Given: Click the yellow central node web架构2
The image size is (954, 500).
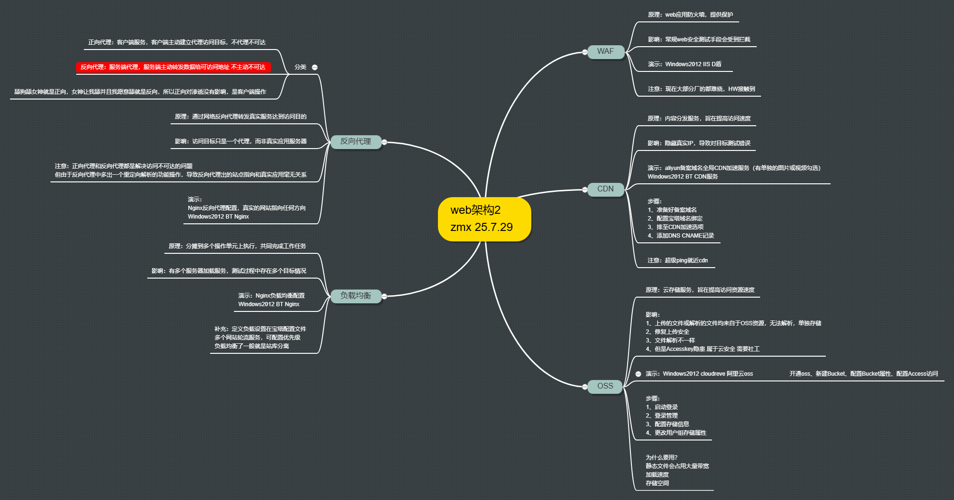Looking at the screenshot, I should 484,219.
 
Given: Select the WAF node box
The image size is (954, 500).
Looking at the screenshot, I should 606,51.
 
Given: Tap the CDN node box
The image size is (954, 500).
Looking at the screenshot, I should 606,189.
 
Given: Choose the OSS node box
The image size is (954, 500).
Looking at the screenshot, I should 605,386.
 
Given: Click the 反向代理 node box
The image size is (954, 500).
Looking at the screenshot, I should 355,141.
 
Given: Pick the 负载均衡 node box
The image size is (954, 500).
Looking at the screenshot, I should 355,296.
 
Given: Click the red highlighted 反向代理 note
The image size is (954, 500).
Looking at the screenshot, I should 173,67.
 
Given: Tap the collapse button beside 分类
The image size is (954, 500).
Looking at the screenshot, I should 315,67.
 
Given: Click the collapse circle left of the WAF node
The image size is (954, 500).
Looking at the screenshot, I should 585,52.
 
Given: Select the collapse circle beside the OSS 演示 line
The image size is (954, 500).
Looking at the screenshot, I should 638,374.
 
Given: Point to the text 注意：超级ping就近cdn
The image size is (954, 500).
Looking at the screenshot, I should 677,260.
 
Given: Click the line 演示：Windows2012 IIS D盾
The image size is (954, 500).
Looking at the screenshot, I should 684,64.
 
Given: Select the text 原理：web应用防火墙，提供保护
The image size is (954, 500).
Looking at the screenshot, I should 690,15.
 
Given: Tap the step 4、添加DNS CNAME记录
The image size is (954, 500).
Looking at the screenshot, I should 680,236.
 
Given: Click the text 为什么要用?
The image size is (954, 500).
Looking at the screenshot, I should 661,458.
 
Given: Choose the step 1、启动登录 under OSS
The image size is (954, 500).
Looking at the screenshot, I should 662,407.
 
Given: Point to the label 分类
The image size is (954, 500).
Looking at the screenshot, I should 300,67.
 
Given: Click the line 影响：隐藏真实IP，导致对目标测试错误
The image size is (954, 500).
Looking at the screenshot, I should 699,143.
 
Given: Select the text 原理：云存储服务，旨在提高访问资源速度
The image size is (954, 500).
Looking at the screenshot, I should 700,290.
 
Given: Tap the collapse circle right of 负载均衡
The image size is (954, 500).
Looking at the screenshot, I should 384,296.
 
